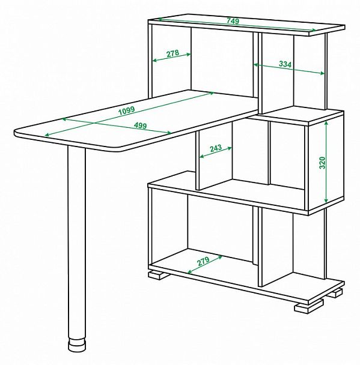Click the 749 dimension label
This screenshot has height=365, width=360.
[x=233, y=21]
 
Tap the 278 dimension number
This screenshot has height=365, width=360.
[x=172, y=53]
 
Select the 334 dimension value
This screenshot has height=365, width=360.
[x=285, y=64]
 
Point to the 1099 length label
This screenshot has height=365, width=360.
[x=127, y=110]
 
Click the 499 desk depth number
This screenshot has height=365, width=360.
[x=141, y=125]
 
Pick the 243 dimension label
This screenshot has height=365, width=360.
[x=216, y=148]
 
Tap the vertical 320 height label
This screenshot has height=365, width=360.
[x=322, y=163]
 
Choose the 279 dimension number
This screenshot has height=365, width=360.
[x=203, y=261]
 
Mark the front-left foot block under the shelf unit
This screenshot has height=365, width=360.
[x=159, y=274]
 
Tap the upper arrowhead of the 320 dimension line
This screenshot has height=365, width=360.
[x=326, y=124]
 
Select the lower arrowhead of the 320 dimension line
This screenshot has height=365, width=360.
[x=326, y=200]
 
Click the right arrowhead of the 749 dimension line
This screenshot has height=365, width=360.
[x=314, y=30]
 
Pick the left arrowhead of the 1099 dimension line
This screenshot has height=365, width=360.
[x=47, y=134]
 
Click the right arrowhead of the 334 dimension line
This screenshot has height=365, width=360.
[x=322, y=73]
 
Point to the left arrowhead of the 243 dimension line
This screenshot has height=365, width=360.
[x=202, y=157]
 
